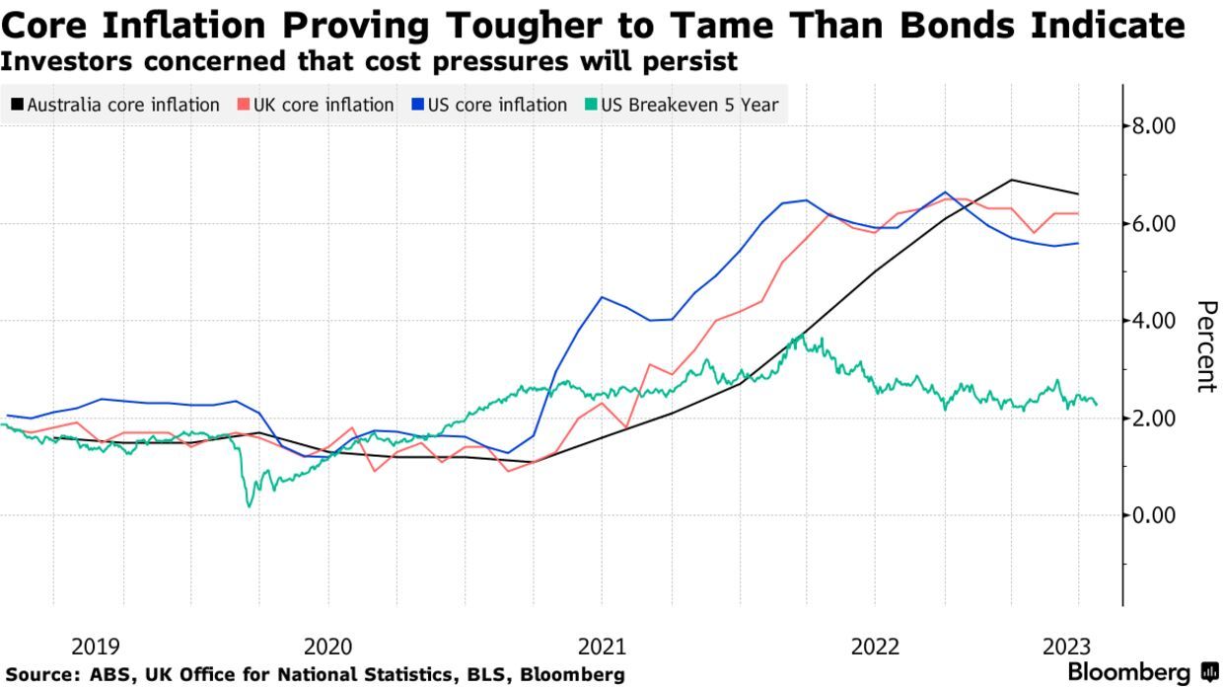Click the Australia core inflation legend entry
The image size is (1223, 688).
point(115,105)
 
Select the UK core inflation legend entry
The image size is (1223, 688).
point(315,105)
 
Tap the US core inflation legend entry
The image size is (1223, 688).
point(489,105)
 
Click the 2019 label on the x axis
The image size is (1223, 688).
point(96,647)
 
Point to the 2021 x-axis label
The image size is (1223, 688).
point(602,647)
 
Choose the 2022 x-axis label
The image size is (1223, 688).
point(875,647)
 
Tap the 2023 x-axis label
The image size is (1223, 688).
point(1065,647)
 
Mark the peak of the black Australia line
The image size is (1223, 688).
point(1012,180)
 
